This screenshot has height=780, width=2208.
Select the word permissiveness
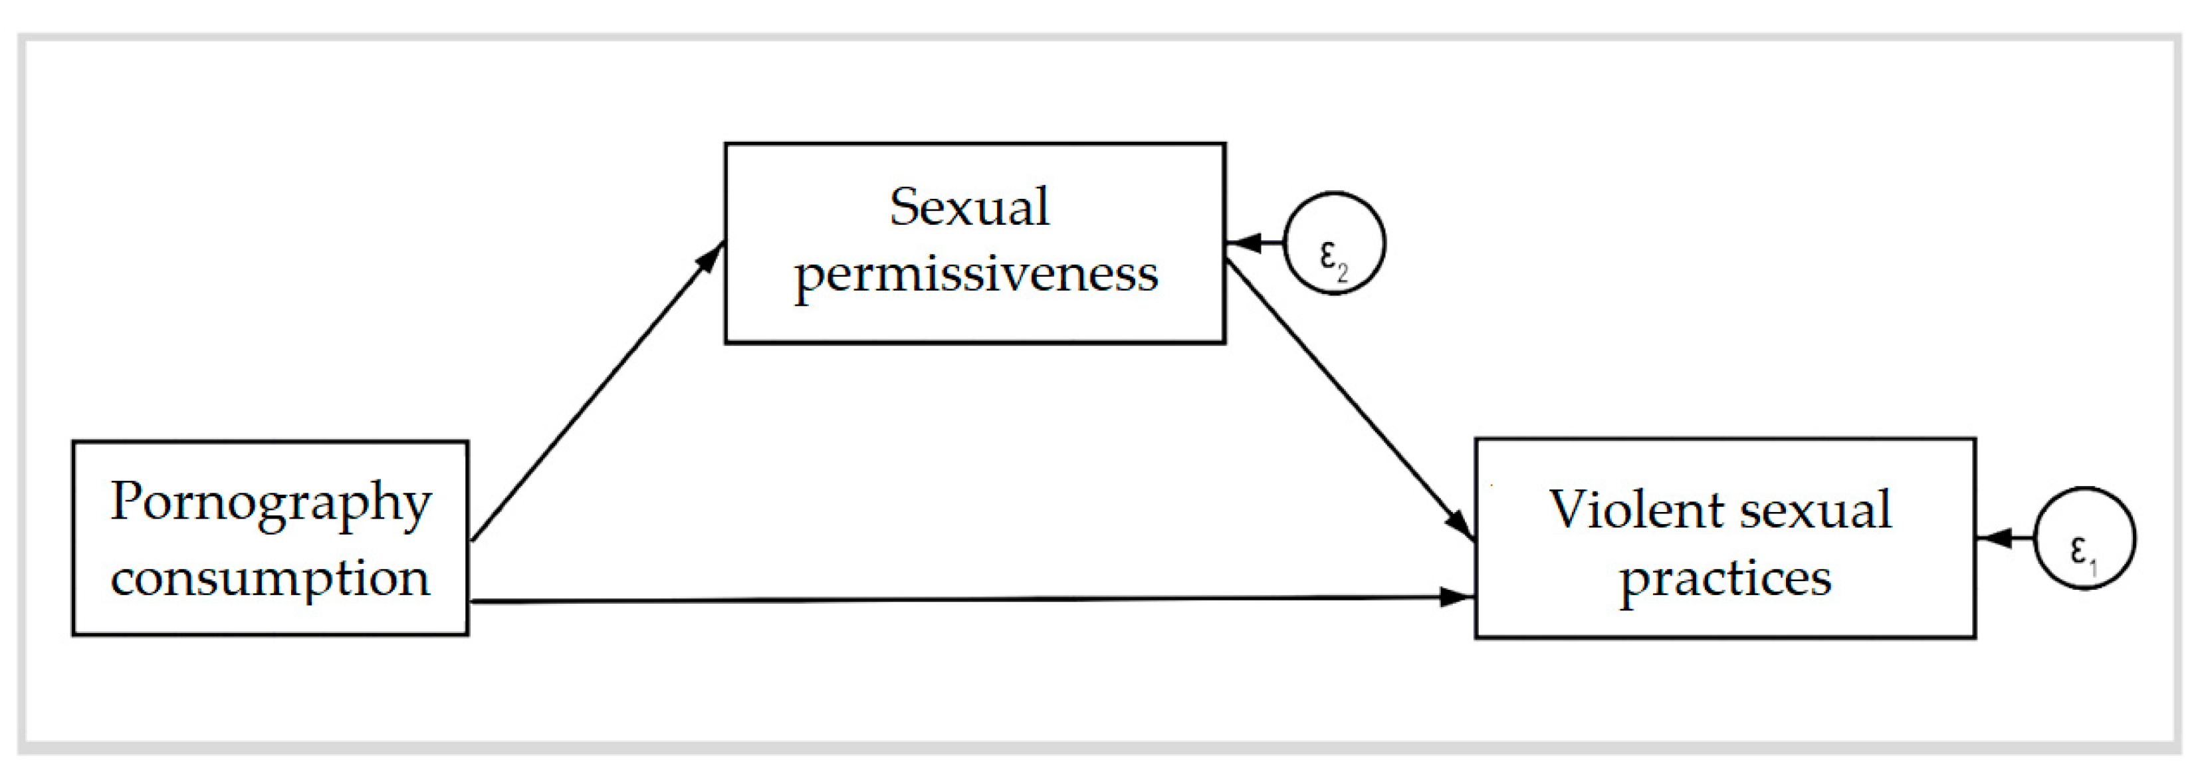pos(976,274)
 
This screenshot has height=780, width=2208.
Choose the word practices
pos(1725,579)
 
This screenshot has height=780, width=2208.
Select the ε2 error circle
pos(1334,243)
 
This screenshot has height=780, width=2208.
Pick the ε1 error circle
pos(2084,538)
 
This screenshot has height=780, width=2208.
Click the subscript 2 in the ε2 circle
pos(1343,274)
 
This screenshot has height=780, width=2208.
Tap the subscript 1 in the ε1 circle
pos(2092,567)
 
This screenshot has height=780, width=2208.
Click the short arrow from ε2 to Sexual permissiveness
pos(1255,243)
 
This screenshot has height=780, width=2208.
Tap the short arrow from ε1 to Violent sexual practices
pos(2006,538)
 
